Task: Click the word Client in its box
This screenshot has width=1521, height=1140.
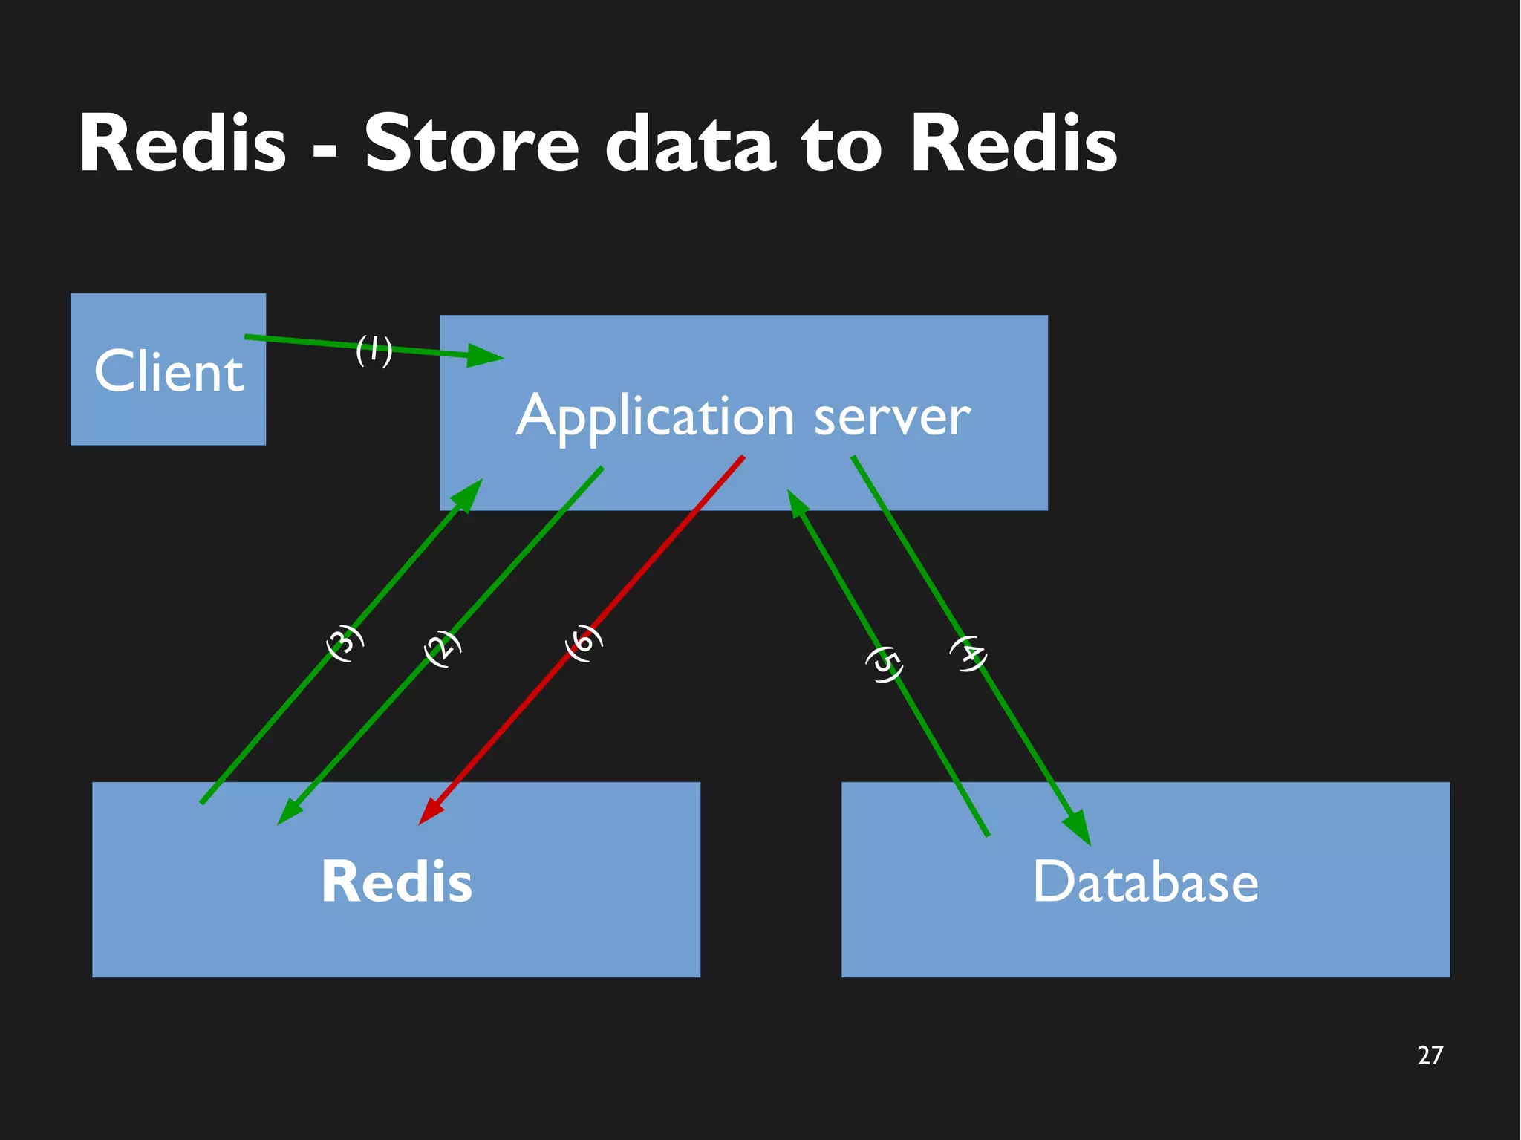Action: (169, 371)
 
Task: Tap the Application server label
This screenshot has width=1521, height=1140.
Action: (743, 416)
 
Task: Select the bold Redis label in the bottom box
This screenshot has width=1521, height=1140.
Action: (397, 882)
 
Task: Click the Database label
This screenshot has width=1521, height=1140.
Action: (1145, 882)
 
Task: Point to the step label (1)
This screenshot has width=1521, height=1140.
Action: (374, 350)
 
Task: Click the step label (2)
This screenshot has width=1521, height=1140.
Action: (443, 648)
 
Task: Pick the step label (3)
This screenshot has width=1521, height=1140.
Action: (345, 643)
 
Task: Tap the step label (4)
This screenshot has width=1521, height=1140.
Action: (968, 654)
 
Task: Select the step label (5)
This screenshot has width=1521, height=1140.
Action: (885, 664)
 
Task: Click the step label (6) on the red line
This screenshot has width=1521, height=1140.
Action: (584, 642)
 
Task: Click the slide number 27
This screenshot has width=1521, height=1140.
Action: (1430, 1055)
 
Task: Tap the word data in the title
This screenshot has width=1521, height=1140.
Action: (691, 143)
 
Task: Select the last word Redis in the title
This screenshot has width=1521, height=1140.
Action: (1013, 143)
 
